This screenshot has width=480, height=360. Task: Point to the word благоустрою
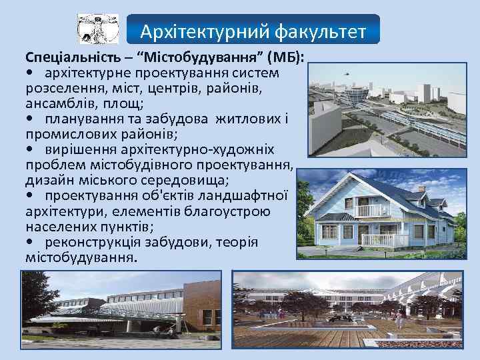click(231, 211)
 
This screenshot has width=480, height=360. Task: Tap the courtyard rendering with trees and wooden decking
click(353, 314)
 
